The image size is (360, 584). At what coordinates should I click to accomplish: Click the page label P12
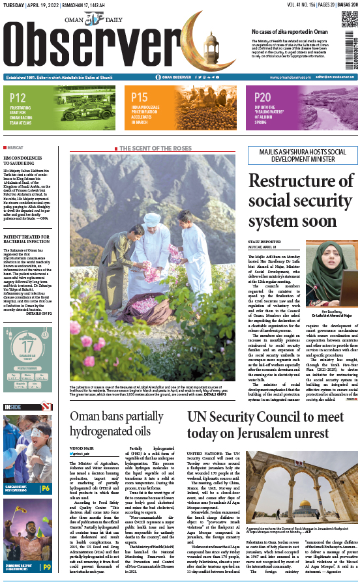point(18,98)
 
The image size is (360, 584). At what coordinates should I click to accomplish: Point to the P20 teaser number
point(245,98)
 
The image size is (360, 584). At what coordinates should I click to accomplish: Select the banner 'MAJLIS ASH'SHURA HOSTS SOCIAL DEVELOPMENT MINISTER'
point(301,156)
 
